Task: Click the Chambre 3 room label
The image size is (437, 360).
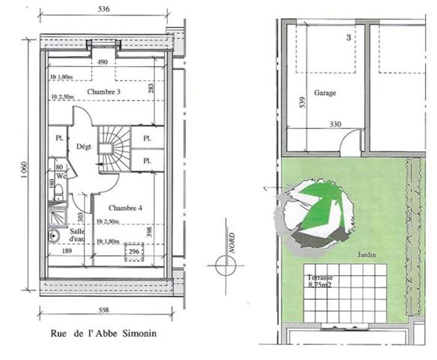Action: coord(104,92)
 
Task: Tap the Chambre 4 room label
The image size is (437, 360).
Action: coord(124,208)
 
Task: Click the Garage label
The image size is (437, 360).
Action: coord(325,94)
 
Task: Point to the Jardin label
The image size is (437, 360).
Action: coord(367,255)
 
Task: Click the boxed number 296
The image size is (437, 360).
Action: coord(135,253)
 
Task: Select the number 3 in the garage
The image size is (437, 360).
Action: coord(349,36)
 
